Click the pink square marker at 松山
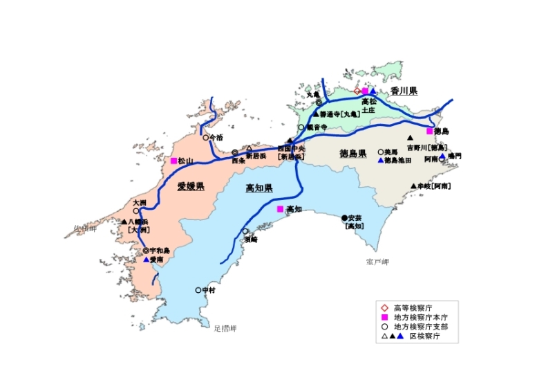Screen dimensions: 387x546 click(x=173, y=161)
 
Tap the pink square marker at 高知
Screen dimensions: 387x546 click(x=280, y=209)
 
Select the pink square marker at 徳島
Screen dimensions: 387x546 click(x=429, y=131)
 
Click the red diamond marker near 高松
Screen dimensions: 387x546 click(x=357, y=91)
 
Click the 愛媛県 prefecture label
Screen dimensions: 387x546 click(x=190, y=186)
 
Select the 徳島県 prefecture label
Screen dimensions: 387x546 click(x=352, y=153)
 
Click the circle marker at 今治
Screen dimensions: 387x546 click(x=205, y=137)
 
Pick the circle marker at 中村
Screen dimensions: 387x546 click(x=198, y=290)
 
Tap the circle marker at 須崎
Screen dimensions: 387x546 click(x=245, y=231)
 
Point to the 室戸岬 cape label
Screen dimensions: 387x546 click(x=377, y=262)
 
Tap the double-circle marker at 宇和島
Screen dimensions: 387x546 click(x=146, y=251)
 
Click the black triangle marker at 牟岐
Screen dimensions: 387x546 click(x=413, y=186)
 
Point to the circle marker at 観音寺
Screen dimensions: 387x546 click(x=301, y=127)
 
